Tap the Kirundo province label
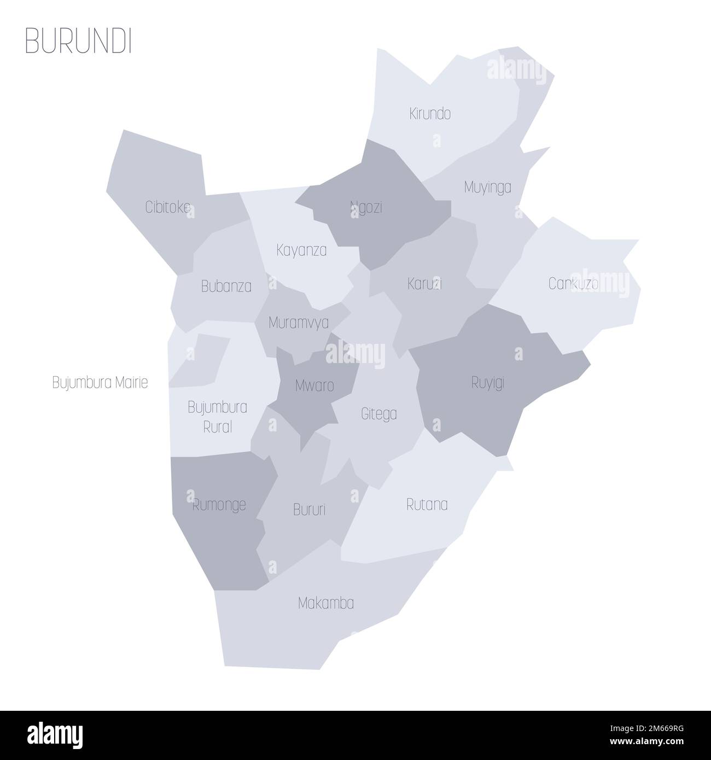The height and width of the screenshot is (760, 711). pos(430,114)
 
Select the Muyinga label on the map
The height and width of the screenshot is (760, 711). pos(487,188)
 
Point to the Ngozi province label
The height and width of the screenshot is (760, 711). pos(366,208)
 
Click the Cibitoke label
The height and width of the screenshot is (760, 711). pos(168,207)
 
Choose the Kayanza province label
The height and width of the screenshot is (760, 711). pos(301,251)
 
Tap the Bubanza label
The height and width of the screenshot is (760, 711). pos(226,286)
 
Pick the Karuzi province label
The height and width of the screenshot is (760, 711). pos(424,284)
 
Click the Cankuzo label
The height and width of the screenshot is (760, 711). pos(573,284)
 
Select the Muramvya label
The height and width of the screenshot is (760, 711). pos(299,323)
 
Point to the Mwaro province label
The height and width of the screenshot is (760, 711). pos(314,386)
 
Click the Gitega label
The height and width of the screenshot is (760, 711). pos(379,414)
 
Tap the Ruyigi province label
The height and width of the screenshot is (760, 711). pos(487,383)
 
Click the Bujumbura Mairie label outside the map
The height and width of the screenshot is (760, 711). pos(100,383)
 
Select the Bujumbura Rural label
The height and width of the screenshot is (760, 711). pos(217,417)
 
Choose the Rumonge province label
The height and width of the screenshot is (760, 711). pos(219,505)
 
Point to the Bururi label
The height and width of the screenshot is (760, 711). pos(309,510)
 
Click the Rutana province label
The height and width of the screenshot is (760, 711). pos(427,505)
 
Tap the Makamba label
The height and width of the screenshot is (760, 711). pos(326,604)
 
